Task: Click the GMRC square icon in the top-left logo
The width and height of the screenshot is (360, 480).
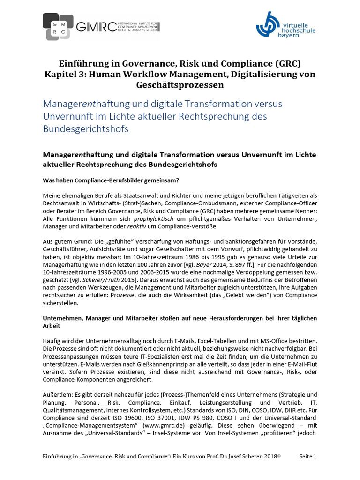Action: point(58,26)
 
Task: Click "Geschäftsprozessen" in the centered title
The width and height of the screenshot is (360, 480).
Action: point(180,85)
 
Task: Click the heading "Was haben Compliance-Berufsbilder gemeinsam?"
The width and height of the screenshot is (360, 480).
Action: point(111,180)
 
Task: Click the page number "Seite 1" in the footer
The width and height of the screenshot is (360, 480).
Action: point(308,456)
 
